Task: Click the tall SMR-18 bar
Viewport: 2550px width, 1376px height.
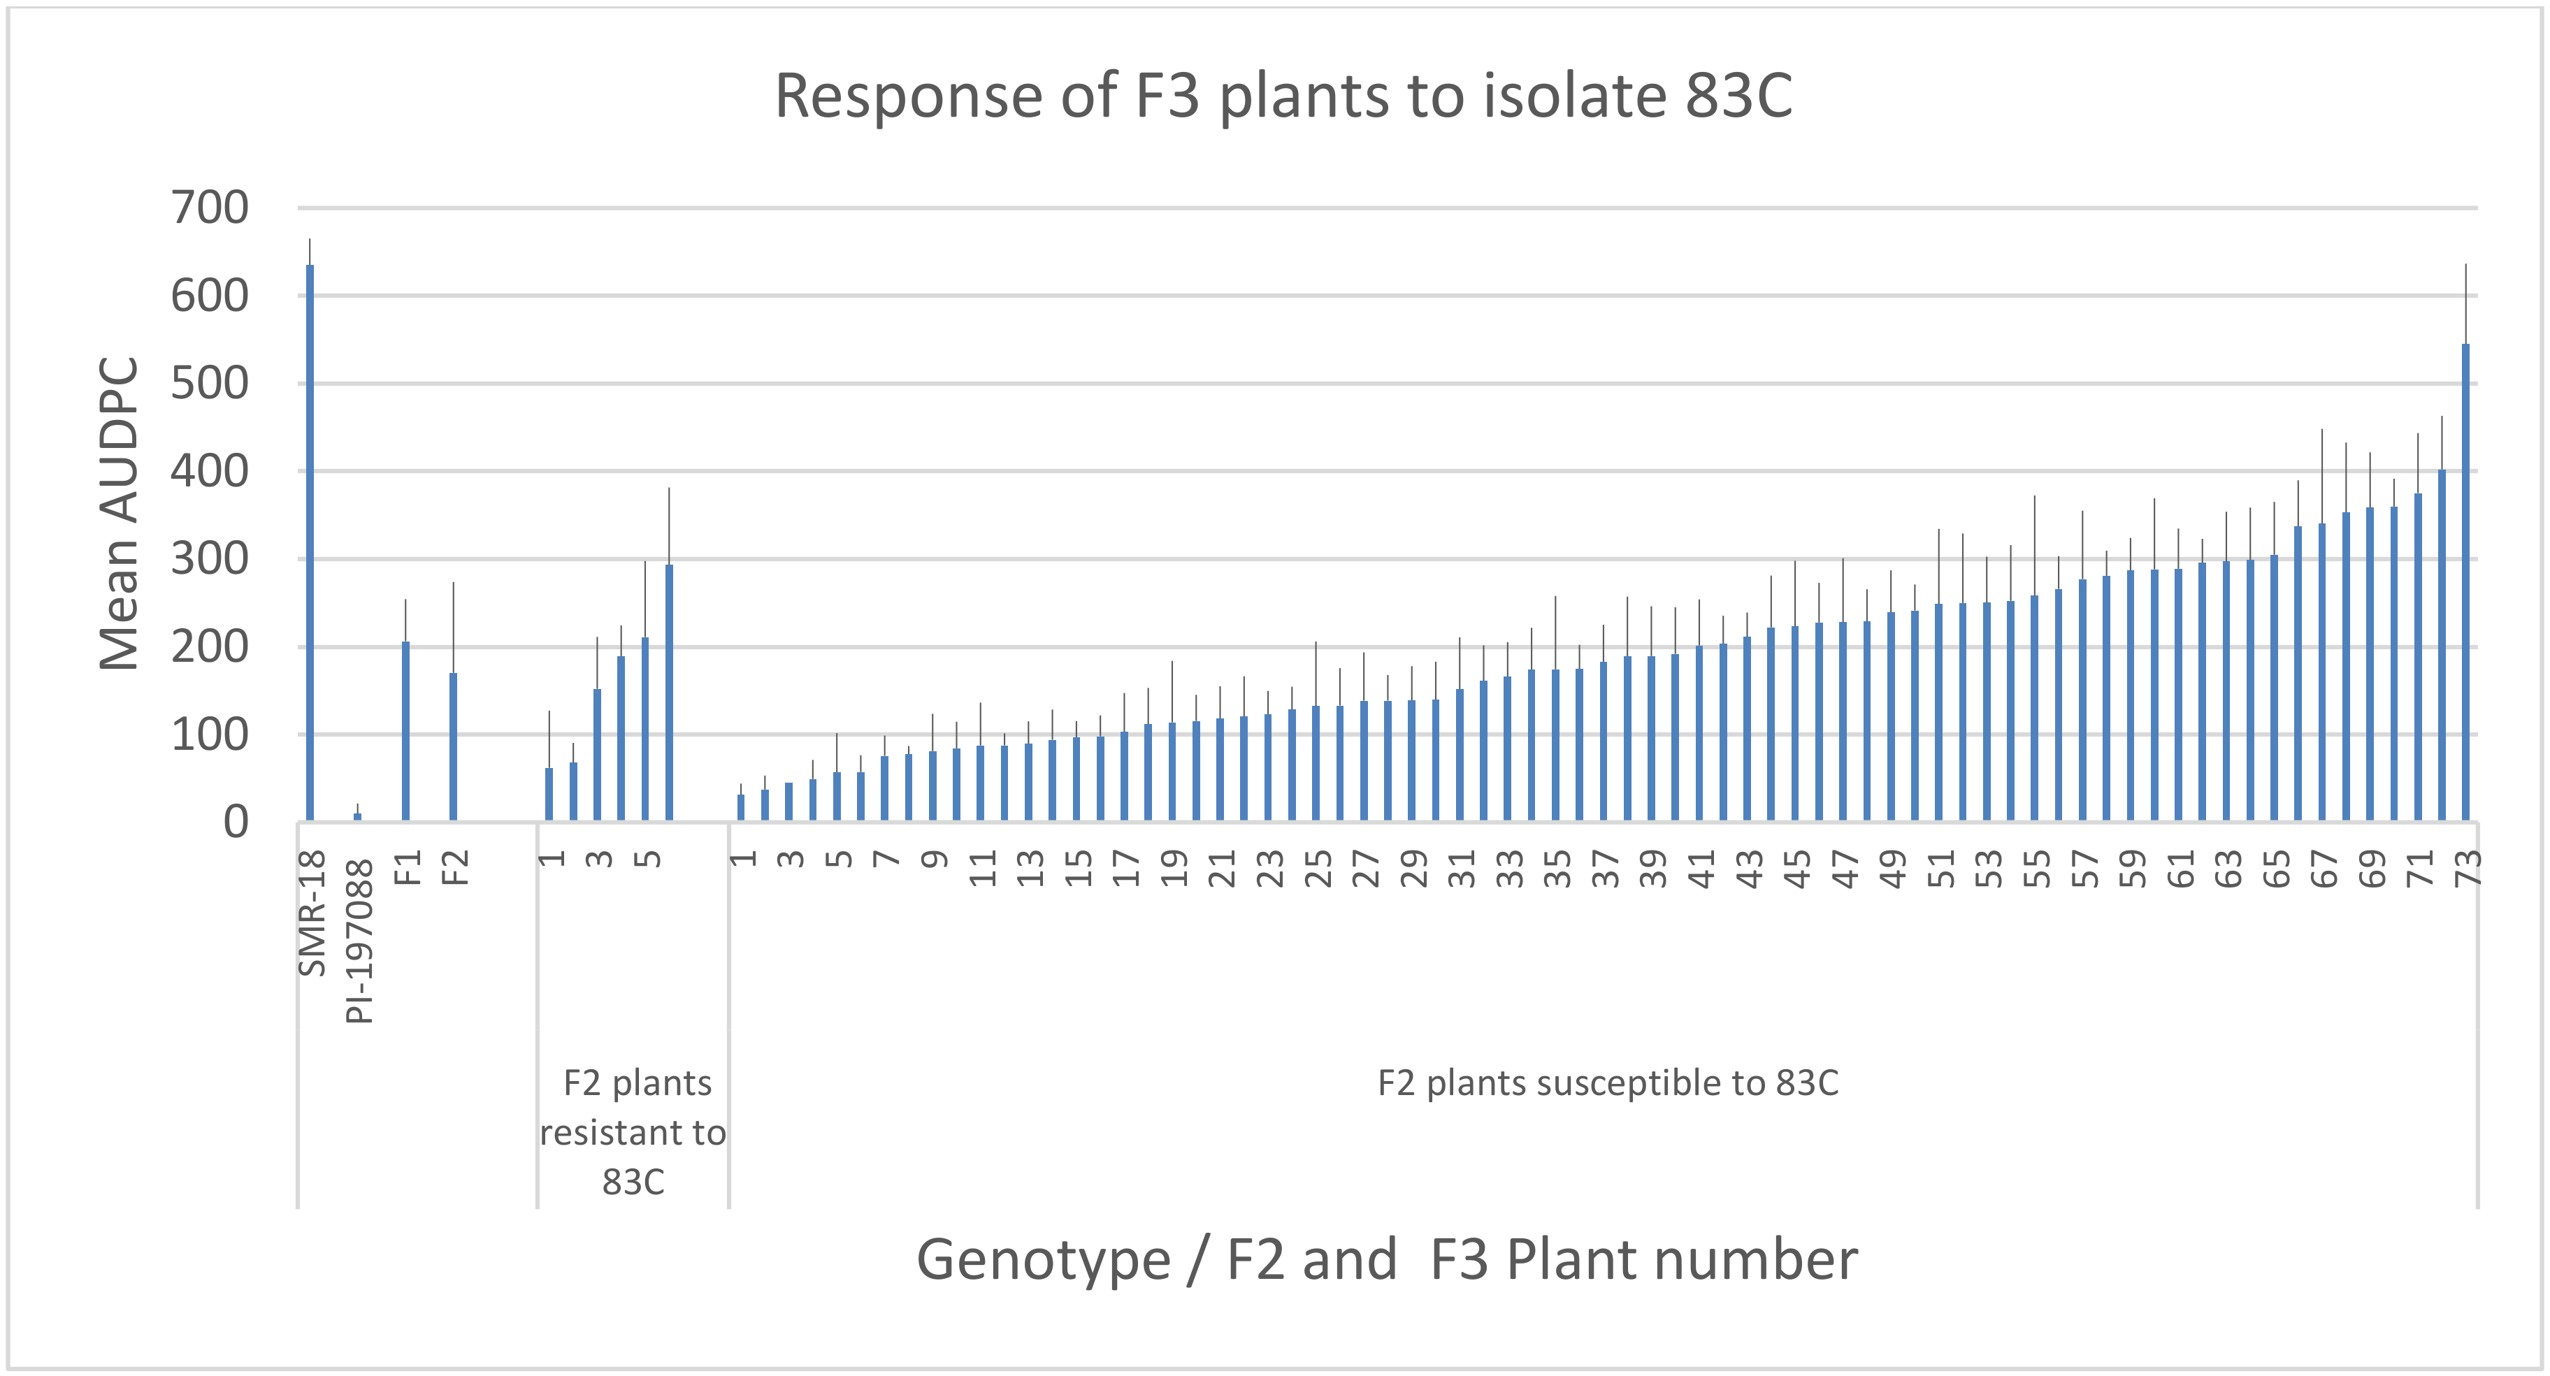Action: pyautogui.click(x=310, y=544)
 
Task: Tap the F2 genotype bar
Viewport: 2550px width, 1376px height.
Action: pyautogui.click(x=454, y=747)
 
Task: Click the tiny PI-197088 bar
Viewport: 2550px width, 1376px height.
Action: pyautogui.click(x=357, y=817)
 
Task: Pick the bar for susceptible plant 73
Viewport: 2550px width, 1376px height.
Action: pyautogui.click(x=2465, y=584)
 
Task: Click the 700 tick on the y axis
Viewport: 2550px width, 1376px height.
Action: pyautogui.click(x=210, y=208)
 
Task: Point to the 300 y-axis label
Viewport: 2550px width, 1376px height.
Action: pyautogui.click(x=210, y=559)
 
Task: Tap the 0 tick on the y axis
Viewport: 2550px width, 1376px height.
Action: pyautogui.click(x=236, y=822)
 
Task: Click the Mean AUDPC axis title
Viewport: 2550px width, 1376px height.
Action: pyautogui.click(x=119, y=515)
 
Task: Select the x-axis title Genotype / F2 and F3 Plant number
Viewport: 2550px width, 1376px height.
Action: pyautogui.click(x=1386, y=1260)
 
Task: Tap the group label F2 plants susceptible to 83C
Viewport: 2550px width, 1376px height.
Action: pyautogui.click(x=1608, y=1083)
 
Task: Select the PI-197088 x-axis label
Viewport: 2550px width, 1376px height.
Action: pyautogui.click(x=359, y=941)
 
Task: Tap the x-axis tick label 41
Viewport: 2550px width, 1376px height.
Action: pyautogui.click(x=1701, y=868)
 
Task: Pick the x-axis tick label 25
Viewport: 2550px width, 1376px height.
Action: pyautogui.click(x=1318, y=868)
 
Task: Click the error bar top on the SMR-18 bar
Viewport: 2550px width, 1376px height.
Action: pyautogui.click(x=310, y=240)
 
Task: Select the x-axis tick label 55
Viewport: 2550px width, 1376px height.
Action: pyautogui.click(x=2036, y=868)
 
